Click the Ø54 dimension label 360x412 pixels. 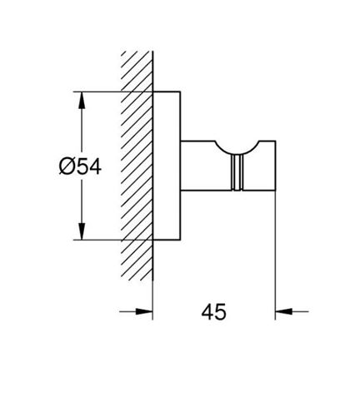tap(80, 166)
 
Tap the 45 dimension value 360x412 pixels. tap(213, 312)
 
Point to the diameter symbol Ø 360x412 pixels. tap(66, 166)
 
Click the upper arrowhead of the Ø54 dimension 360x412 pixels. tap(82, 100)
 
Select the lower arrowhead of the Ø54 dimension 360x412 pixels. tap(82, 231)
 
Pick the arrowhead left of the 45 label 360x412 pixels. tap(144, 311)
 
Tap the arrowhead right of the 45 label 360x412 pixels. tap(283, 311)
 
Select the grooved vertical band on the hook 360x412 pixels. tap(237, 172)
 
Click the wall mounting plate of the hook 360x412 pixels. tap(167, 166)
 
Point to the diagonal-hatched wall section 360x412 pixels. tap(137, 166)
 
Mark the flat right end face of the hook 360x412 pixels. tap(275, 166)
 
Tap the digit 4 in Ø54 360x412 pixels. tap(94, 166)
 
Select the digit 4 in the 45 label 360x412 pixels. tap(207, 312)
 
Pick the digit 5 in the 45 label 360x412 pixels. tap(221, 312)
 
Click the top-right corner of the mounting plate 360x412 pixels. tap(181, 92)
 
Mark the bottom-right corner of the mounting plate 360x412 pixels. tap(181, 240)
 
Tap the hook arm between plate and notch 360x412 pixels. tap(206, 166)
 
